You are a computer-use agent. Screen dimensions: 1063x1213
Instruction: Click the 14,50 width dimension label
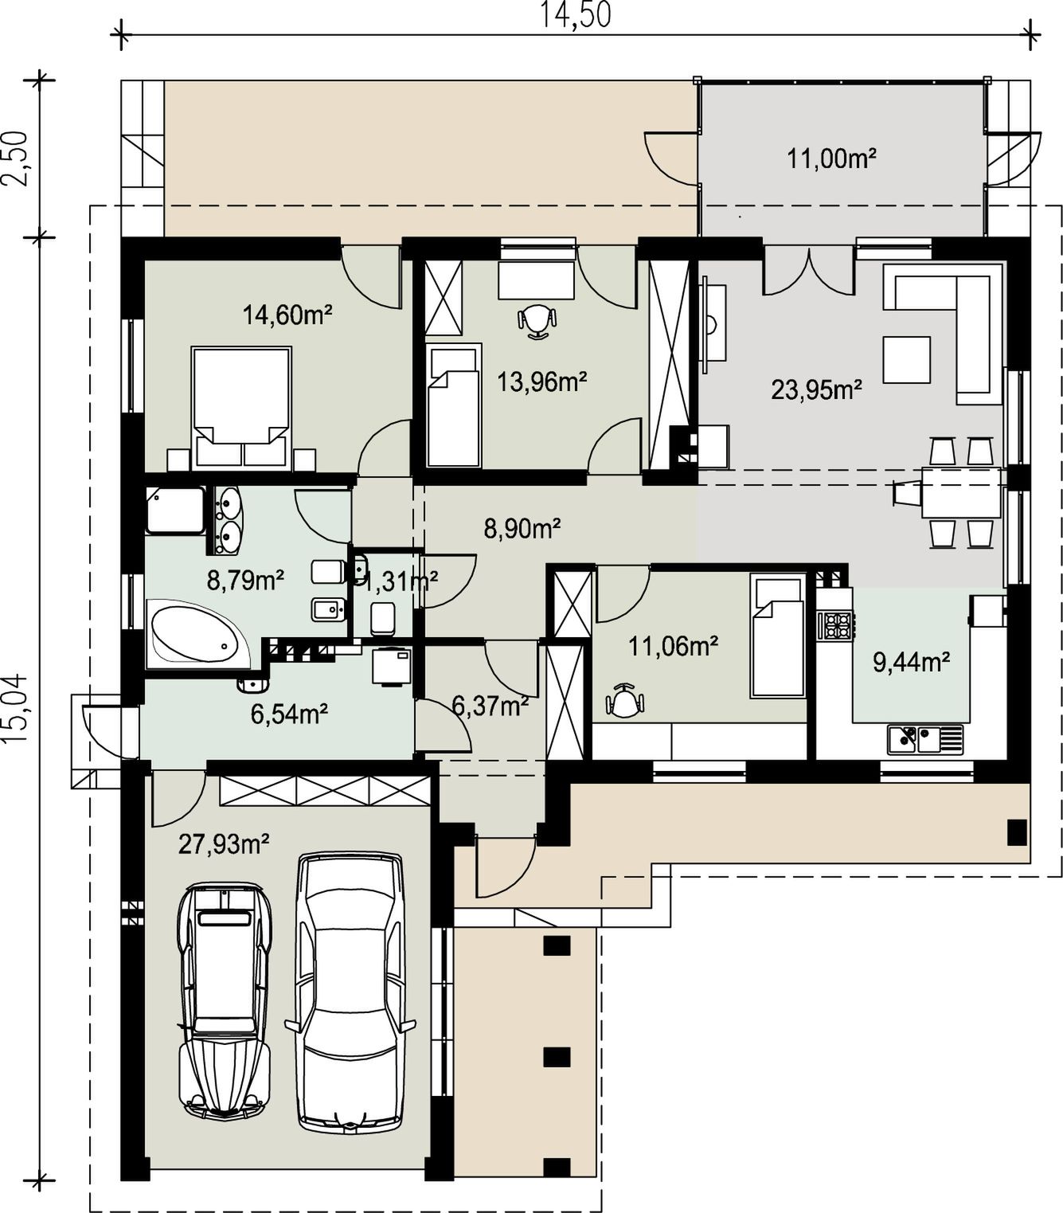point(576,15)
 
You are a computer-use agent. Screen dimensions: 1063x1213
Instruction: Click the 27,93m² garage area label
point(223,844)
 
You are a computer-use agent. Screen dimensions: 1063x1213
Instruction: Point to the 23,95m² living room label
point(816,389)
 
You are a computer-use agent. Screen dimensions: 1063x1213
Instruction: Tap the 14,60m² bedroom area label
point(287,315)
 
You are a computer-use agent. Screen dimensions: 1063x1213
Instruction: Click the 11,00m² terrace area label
point(831,158)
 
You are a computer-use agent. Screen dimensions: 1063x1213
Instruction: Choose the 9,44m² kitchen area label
point(911,662)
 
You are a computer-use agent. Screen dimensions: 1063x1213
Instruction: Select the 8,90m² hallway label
point(522,529)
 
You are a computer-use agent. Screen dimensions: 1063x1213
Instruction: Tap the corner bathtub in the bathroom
point(199,635)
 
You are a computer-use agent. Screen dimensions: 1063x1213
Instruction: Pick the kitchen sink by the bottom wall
point(925,739)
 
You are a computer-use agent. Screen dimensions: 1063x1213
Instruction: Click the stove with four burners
point(835,624)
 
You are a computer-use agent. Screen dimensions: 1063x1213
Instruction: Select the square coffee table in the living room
point(906,359)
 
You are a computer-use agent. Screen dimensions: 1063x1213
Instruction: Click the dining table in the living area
point(961,492)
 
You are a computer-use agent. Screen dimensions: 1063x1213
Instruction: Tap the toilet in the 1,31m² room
point(383,618)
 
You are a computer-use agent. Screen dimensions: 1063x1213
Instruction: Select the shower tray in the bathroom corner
point(175,510)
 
